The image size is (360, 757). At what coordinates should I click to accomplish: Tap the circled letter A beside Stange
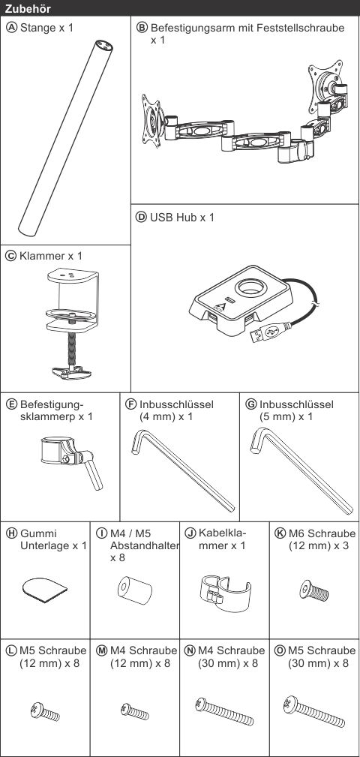pyautogui.click(x=11, y=28)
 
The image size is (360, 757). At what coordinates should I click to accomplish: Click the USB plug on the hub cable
pyautogui.click(x=265, y=332)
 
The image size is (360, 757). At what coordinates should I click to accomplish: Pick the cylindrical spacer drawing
pyautogui.click(x=135, y=590)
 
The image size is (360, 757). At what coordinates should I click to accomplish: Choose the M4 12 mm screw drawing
pyautogui.click(x=135, y=710)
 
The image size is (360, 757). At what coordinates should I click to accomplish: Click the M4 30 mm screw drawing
pyautogui.click(x=224, y=710)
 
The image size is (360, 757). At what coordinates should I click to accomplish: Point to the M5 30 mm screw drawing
pyautogui.click(x=315, y=710)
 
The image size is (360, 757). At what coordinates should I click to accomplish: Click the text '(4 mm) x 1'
pyautogui.click(x=166, y=416)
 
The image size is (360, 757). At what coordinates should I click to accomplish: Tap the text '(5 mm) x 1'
pyautogui.click(x=286, y=416)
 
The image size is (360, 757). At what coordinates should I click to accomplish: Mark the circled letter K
pyautogui.click(x=280, y=533)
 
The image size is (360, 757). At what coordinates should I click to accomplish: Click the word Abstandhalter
pyautogui.click(x=144, y=546)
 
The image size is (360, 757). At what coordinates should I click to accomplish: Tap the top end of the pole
pyautogui.click(x=103, y=47)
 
